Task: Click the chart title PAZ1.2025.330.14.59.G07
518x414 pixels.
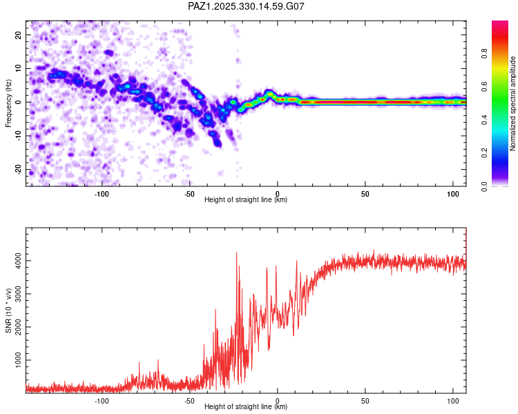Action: pos(246,6)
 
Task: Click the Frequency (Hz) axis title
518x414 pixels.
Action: pos(8,102)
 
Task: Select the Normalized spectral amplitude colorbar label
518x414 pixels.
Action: pos(512,103)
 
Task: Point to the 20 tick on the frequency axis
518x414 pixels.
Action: pos(19,34)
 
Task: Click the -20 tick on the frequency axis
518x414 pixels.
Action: pos(17,170)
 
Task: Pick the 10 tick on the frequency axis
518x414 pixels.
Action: pos(19,68)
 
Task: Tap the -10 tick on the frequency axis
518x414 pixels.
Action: pos(17,136)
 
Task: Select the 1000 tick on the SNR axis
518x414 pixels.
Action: pos(15,360)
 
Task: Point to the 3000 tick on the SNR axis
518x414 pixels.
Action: pos(15,294)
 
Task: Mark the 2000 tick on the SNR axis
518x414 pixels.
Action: pos(15,327)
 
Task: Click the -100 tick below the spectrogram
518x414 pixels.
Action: pos(102,193)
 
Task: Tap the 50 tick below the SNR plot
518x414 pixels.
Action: pos(365,400)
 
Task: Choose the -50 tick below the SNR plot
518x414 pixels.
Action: pos(189,400)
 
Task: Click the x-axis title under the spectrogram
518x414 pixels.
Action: pos(246,200)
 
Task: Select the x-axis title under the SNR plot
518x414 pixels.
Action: pos(246,407)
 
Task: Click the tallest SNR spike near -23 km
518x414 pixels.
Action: pos(237,253)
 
